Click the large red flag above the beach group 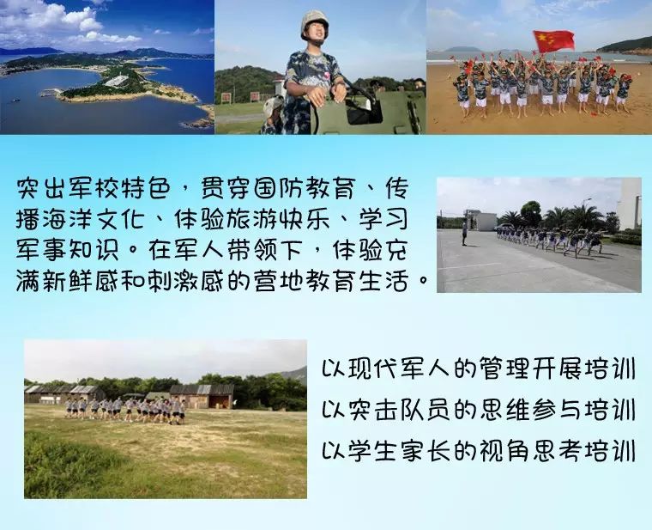[x=553, y=40]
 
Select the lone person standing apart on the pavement [x=464, y=234]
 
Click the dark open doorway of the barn [x=221, y=401]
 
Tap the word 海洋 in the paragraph [x=66, y=219]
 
